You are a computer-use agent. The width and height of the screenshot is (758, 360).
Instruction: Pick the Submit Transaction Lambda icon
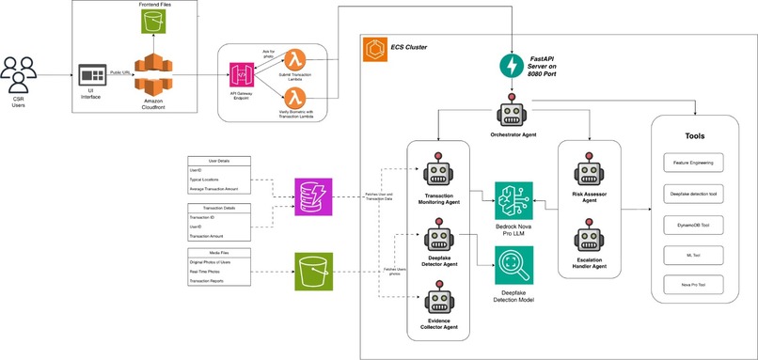pyautogui.click(x=297, y=60)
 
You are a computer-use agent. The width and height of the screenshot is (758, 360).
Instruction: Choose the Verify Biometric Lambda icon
pyautogui.click(x=297, y=99)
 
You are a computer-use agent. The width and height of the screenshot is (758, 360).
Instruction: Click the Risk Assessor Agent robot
pyautogui.click(x=588, y=171)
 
